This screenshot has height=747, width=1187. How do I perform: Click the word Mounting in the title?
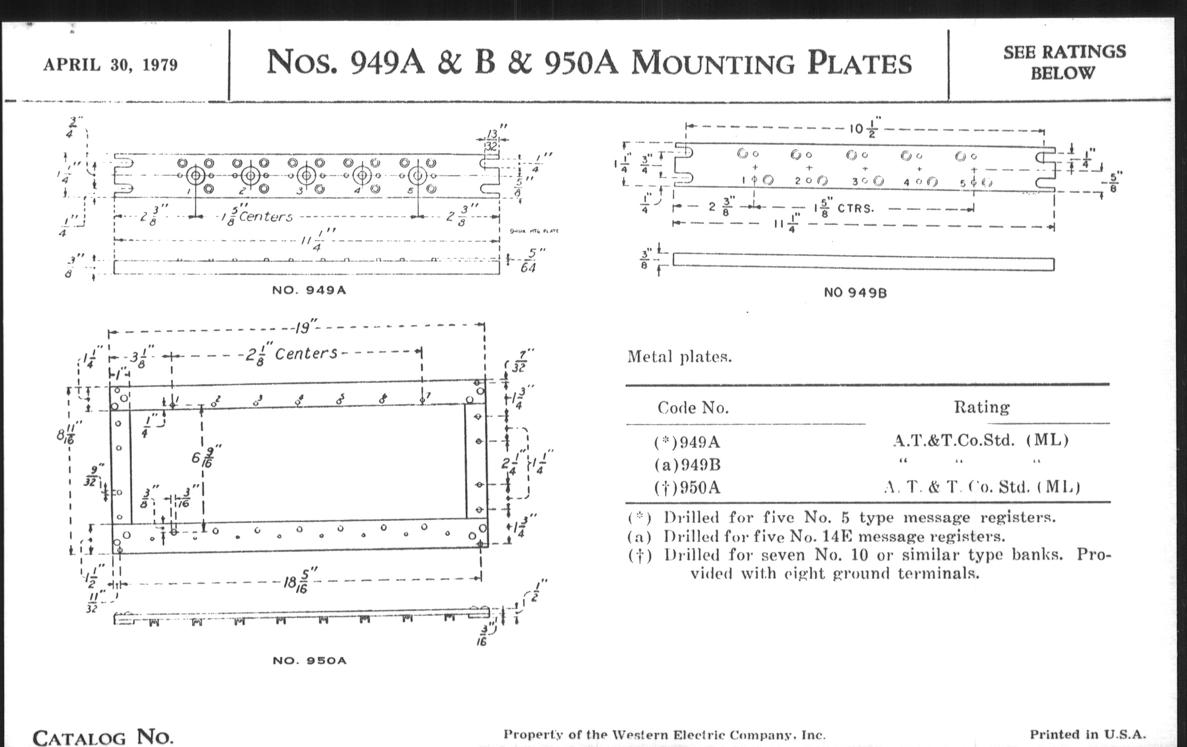point(712,63)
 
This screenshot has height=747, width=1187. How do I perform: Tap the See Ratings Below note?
point(1064,62)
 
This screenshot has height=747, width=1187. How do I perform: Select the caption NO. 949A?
point(309,290)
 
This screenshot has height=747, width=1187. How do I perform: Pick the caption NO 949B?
point(855,293)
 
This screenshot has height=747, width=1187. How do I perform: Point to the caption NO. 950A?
point(309,660)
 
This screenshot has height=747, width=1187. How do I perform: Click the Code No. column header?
point(693,408)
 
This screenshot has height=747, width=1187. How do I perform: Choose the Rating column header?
point(982,407)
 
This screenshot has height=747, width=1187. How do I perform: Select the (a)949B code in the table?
point(687,464)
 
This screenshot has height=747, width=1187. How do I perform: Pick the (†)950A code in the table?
point(687,488)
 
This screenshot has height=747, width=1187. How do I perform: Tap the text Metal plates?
point(679,356)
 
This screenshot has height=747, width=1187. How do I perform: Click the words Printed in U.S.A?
point(1087,734)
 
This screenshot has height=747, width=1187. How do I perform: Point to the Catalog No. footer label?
point(103,737)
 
